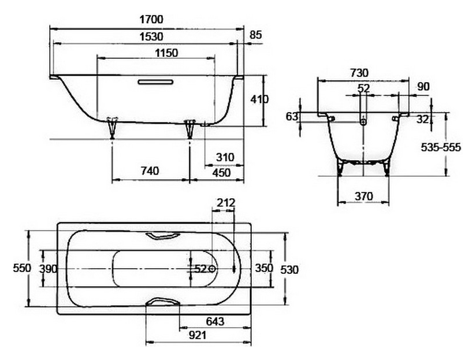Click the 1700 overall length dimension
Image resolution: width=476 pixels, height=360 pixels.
coord(151,20)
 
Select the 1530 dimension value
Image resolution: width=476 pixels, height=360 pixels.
coord(151,37)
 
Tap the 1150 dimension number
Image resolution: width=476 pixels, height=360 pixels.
coord(166,53)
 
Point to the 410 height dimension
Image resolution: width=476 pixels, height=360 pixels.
coord(259,99)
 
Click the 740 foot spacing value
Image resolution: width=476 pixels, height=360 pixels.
coord(150,171)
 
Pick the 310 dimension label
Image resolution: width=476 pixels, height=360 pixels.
coord(225,157)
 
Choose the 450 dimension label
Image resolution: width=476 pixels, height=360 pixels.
coord(221,173)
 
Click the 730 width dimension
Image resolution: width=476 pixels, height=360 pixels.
coord(359,73)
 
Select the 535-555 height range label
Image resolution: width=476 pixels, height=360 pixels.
coord(441,147)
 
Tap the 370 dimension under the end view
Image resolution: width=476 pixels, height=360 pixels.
coord(364,196)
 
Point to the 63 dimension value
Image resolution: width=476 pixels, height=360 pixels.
coord(292,116)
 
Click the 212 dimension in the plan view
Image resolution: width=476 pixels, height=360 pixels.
coord(226,202)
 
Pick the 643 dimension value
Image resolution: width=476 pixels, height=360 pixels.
coord(215,321)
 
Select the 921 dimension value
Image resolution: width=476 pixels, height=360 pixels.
coord(198,335)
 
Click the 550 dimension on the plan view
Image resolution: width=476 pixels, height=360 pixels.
coord(22,268)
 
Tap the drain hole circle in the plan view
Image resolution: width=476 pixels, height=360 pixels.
coord(212,269)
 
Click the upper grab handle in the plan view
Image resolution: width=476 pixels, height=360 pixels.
coord(163,236)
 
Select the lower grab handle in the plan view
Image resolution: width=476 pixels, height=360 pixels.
coord(163,301)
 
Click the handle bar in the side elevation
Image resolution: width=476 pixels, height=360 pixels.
coord(155,81)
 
